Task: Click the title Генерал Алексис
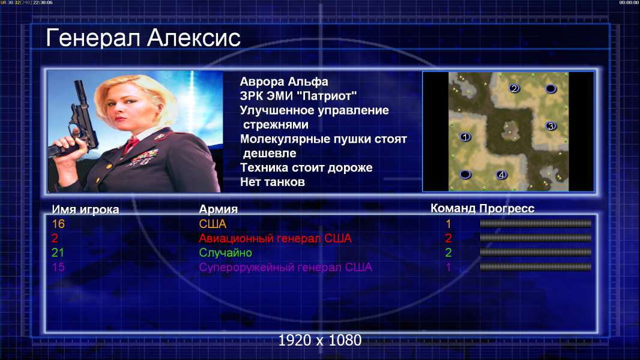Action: click(x=143, y=38)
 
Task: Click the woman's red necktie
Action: click(x=131, y=145)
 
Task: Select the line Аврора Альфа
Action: click(x=283, y=82)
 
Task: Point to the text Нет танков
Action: click(x=272, y=182)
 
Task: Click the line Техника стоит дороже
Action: click(x=306, y=167)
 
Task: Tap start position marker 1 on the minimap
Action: click(x=465, y=137)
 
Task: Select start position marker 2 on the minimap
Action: click(x=514, y=88)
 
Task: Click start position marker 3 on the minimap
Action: click(x=551, y=126)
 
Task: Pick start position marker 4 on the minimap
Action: click(x=501, y=175)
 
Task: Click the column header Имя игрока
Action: click(x=85, y=209)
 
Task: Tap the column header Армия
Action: click(x=218, y=209)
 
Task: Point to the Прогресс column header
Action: click(x=507, y=208)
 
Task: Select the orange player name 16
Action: click(x=58, y=224)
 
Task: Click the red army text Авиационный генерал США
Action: click(x=275, y=238)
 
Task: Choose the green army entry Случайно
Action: click(x=225, y=253)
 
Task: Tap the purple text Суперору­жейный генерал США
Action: click(x=285, y=268)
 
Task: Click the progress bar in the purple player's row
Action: click(x=536, y=267)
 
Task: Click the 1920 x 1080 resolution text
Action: click(x=320, y=340)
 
